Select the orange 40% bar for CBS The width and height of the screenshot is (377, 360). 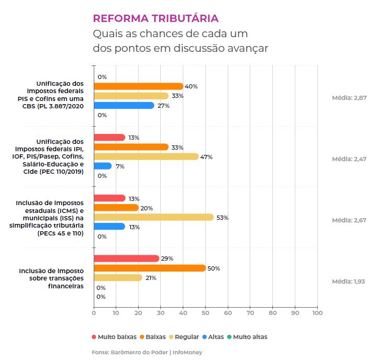[x=139, y=86]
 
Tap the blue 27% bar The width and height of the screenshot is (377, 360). [x=124, y=105]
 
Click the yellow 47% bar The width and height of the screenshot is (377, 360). [x=146, y=156]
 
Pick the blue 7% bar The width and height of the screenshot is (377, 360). [x=103, y=166]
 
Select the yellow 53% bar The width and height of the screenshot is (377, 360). [x=153, y=217]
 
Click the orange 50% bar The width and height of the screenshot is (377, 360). [x=150, y=268]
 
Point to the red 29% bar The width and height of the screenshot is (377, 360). [x=126, y=258]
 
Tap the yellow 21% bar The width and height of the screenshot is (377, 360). [x=118, y=277]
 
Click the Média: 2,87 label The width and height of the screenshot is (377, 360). [x=349, y=98]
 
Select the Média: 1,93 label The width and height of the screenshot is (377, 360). [x=349, y=282]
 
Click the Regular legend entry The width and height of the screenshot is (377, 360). [x=184, y=337]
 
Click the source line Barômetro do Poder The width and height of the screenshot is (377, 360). [x=147, y=352]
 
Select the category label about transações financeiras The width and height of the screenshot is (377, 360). [x=51, y=278]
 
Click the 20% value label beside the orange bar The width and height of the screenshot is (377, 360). [x=147, y=208]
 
